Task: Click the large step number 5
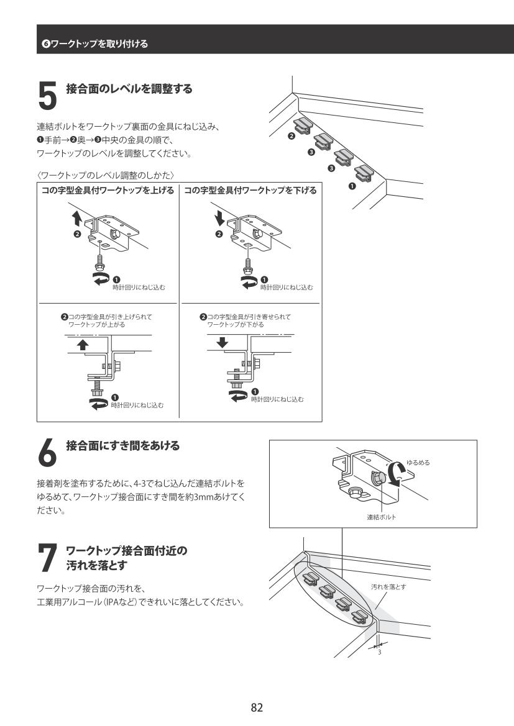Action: click(x=47, y=96)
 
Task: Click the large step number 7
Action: click(x=47, y=558)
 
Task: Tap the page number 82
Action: click(x=257, y=707)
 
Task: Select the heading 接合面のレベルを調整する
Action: click(x=129, y=88)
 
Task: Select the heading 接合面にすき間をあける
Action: click(x=123, y=446)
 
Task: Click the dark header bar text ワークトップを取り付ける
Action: click(x=99, y=44)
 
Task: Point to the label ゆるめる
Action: click(x=418, y=463)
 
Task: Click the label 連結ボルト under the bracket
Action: click(x=382, y=517)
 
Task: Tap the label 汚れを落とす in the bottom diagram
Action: click(x=388, y=587)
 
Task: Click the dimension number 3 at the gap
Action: click(x=380, y=652)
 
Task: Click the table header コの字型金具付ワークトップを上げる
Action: click(x=108, y=190)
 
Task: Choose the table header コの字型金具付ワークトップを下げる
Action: click(x=250, y=190)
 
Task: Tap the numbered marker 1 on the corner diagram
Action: click(x=352, y=186)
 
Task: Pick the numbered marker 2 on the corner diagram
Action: click(x=291, y=136)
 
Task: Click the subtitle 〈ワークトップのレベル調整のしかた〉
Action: click(x=106, y=175)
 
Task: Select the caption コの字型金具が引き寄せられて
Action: click(x=249, y=317)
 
